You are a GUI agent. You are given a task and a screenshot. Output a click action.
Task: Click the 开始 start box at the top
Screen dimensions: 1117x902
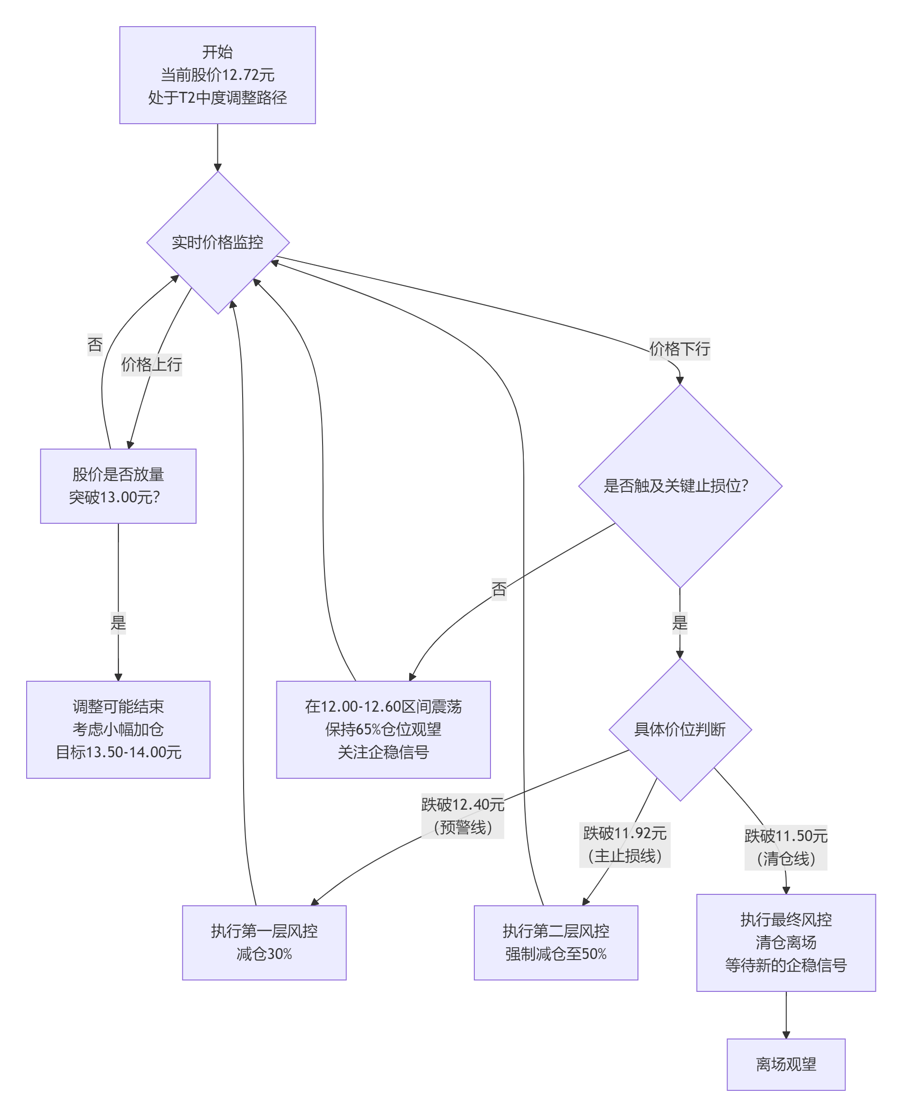click(217, 75)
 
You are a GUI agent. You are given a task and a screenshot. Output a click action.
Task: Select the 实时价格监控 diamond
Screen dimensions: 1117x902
click(217, 242)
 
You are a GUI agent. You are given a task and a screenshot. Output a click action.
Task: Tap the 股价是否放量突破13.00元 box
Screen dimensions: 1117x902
click(118, 486)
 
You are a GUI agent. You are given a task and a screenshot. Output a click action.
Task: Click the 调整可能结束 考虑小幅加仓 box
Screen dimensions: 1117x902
click(118, 729)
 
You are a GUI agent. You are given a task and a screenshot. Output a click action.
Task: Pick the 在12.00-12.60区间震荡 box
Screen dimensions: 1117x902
click(383, 729)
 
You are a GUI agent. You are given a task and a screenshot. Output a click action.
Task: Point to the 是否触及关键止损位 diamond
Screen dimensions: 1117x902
click(680, 486)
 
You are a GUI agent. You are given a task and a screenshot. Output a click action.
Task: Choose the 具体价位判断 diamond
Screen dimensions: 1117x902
click(680, 729)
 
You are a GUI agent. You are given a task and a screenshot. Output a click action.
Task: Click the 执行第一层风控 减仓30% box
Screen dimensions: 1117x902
click(264, 942)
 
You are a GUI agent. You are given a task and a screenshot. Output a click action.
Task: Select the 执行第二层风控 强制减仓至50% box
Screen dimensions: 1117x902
click(556, 942)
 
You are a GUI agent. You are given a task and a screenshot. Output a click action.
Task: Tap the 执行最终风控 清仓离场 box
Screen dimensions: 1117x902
click(785, 942)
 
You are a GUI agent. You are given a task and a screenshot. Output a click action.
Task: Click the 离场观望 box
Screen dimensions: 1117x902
click(785, 1064)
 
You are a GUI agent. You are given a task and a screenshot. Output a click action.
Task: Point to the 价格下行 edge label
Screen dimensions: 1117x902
click(679, 349)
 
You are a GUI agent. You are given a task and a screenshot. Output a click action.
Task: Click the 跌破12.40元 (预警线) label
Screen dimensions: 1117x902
click(462, 816)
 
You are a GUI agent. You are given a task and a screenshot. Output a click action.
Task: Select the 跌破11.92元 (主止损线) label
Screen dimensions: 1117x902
click(625, 844)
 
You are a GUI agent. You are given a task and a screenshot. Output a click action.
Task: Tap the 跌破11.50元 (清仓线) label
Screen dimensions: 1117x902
click(785, 847)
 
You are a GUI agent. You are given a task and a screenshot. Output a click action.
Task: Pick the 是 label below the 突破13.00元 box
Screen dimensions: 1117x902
click(118, 622)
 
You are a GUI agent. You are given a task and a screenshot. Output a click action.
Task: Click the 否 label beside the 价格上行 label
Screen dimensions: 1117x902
click(95, 344)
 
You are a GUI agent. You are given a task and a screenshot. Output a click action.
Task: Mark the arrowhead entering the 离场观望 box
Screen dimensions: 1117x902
click(785, 1035)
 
